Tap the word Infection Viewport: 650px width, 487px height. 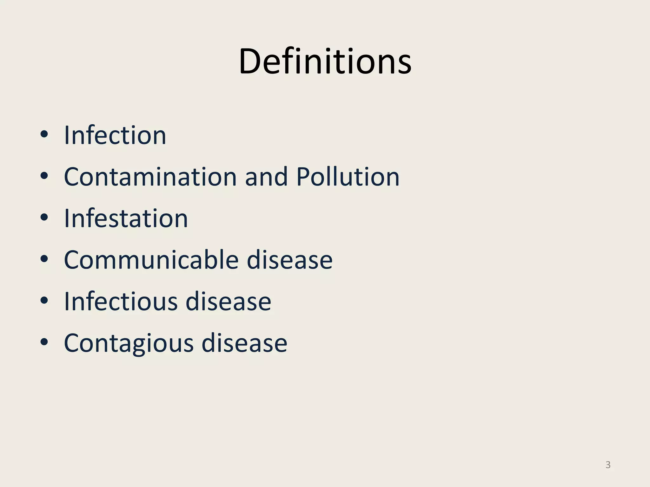(115, 135)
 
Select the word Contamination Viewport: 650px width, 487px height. (150, 177)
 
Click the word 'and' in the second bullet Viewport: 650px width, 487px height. (266, 177)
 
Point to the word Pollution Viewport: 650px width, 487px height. (348, 177)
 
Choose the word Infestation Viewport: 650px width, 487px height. (126, 218)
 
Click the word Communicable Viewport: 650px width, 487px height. (151, 260)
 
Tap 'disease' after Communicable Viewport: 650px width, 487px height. (289, 260)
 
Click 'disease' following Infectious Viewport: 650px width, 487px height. (228, 302)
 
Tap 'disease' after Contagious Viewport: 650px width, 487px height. (244, 343)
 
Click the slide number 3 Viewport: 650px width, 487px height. (608, 465)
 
